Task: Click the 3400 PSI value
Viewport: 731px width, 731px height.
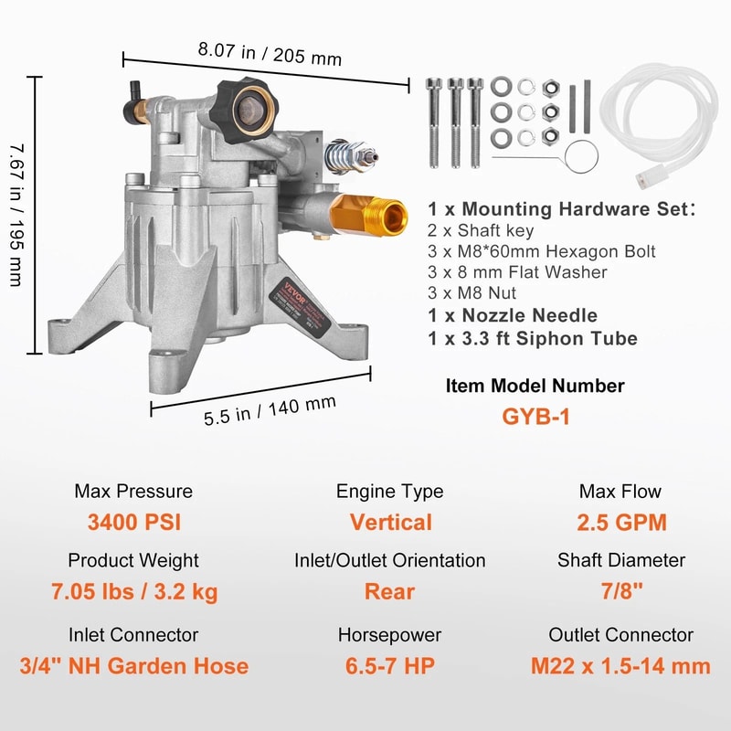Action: pyautogui.click(x=133, y=523)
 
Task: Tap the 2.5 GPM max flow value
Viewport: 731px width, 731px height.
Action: pyautogui.click(x=622, y=523)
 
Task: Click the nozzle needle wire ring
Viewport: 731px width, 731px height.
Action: pyautogui.click(x=581, y=156)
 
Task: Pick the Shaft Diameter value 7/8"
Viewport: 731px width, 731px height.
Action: pyautogui.click(x=621, y=591)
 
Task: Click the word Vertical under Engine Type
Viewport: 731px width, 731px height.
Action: pyautogui.click(x=390, y=523)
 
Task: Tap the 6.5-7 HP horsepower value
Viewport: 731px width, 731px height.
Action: pyautogui.click(x=390, y=665)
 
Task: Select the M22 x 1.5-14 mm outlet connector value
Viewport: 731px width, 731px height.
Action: pyautogui.click(x=620, y=665)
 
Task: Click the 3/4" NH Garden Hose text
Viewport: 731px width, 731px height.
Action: pyautogui.click(x=133, y=665)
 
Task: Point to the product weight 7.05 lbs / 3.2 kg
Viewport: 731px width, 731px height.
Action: pyautogui.click(x=133, y=591)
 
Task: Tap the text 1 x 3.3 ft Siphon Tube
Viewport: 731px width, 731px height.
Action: pyautogui.click(x=533, y=338)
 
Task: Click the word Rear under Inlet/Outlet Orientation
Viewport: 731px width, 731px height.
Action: pyautogui.click(x=390, y=591)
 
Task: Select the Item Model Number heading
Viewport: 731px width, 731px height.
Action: pyautogui.click(x=535, y=386)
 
